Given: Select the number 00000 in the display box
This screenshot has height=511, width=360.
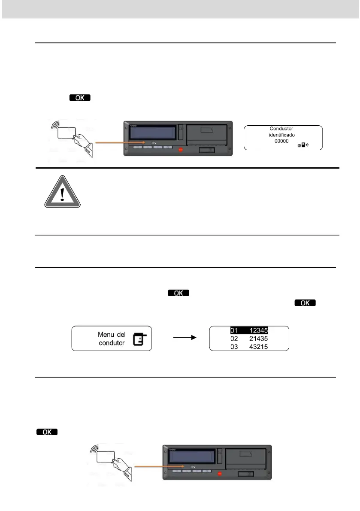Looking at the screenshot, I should coord(282,141).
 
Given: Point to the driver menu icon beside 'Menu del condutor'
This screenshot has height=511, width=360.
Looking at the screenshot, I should coord(139,339).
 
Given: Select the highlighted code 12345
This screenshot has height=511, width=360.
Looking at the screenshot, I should coord(259,331).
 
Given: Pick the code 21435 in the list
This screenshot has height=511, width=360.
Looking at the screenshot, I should coord(259,339).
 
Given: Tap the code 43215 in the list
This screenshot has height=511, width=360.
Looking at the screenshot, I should coord(259,346).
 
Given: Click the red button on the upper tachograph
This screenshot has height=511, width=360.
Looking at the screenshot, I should coord(181,150).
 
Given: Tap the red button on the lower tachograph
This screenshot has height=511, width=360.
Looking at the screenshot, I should coord(220,474).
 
